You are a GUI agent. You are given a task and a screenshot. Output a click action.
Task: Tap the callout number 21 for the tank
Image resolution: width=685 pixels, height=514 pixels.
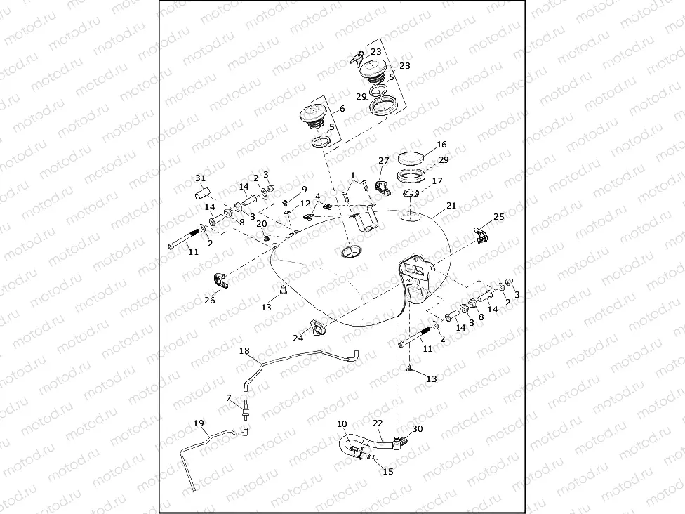(451, 206)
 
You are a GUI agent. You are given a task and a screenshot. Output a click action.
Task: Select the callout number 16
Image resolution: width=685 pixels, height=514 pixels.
(441, 144)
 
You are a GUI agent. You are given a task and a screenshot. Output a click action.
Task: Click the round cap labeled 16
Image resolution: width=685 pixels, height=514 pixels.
(413, 157)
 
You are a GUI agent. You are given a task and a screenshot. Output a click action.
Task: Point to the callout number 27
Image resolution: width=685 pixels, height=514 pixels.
(384, 161)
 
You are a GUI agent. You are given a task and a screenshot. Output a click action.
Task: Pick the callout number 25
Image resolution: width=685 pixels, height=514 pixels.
(499, 217)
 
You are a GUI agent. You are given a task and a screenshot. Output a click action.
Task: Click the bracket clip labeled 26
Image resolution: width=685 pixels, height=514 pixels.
(222, 282)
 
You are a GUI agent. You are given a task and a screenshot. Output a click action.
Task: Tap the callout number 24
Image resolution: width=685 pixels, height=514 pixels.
(298, 338)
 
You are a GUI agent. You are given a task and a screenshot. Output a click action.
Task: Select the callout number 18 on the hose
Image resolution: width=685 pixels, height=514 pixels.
(244, 350)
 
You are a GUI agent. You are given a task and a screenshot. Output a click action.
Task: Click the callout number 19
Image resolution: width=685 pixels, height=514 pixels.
(199, 423)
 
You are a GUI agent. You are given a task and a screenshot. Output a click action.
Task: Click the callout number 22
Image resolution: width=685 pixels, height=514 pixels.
(378, 423)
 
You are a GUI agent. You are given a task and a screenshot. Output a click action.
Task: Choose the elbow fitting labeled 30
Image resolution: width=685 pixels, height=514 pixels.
(400, 442)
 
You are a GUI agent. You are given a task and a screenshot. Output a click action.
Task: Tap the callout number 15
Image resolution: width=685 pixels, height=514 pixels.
(388, 472)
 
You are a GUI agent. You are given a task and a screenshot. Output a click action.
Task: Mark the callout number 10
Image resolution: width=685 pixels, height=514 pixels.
(342, 424)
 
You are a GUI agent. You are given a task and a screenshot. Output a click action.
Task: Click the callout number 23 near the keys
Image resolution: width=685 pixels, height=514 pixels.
(376, 52)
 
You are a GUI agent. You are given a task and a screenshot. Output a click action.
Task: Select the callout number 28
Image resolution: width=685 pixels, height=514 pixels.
(405, 65)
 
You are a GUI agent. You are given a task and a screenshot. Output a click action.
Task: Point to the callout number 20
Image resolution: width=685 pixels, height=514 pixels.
(260, 223)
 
